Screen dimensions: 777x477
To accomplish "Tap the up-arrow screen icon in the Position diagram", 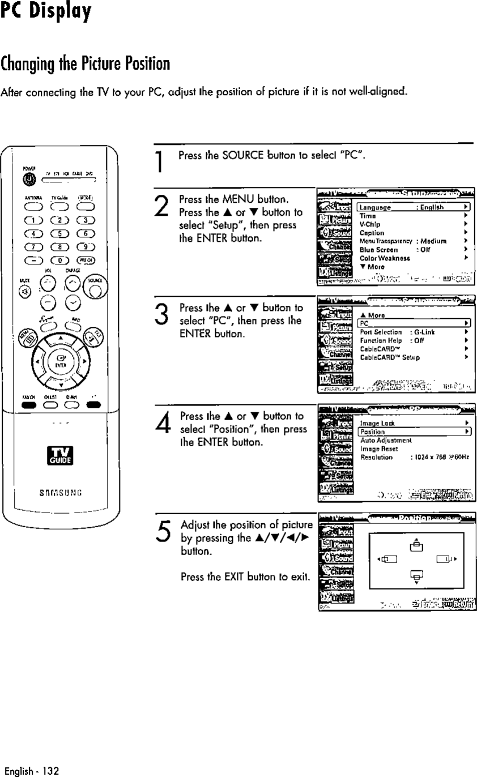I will click(x=416, y=545).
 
